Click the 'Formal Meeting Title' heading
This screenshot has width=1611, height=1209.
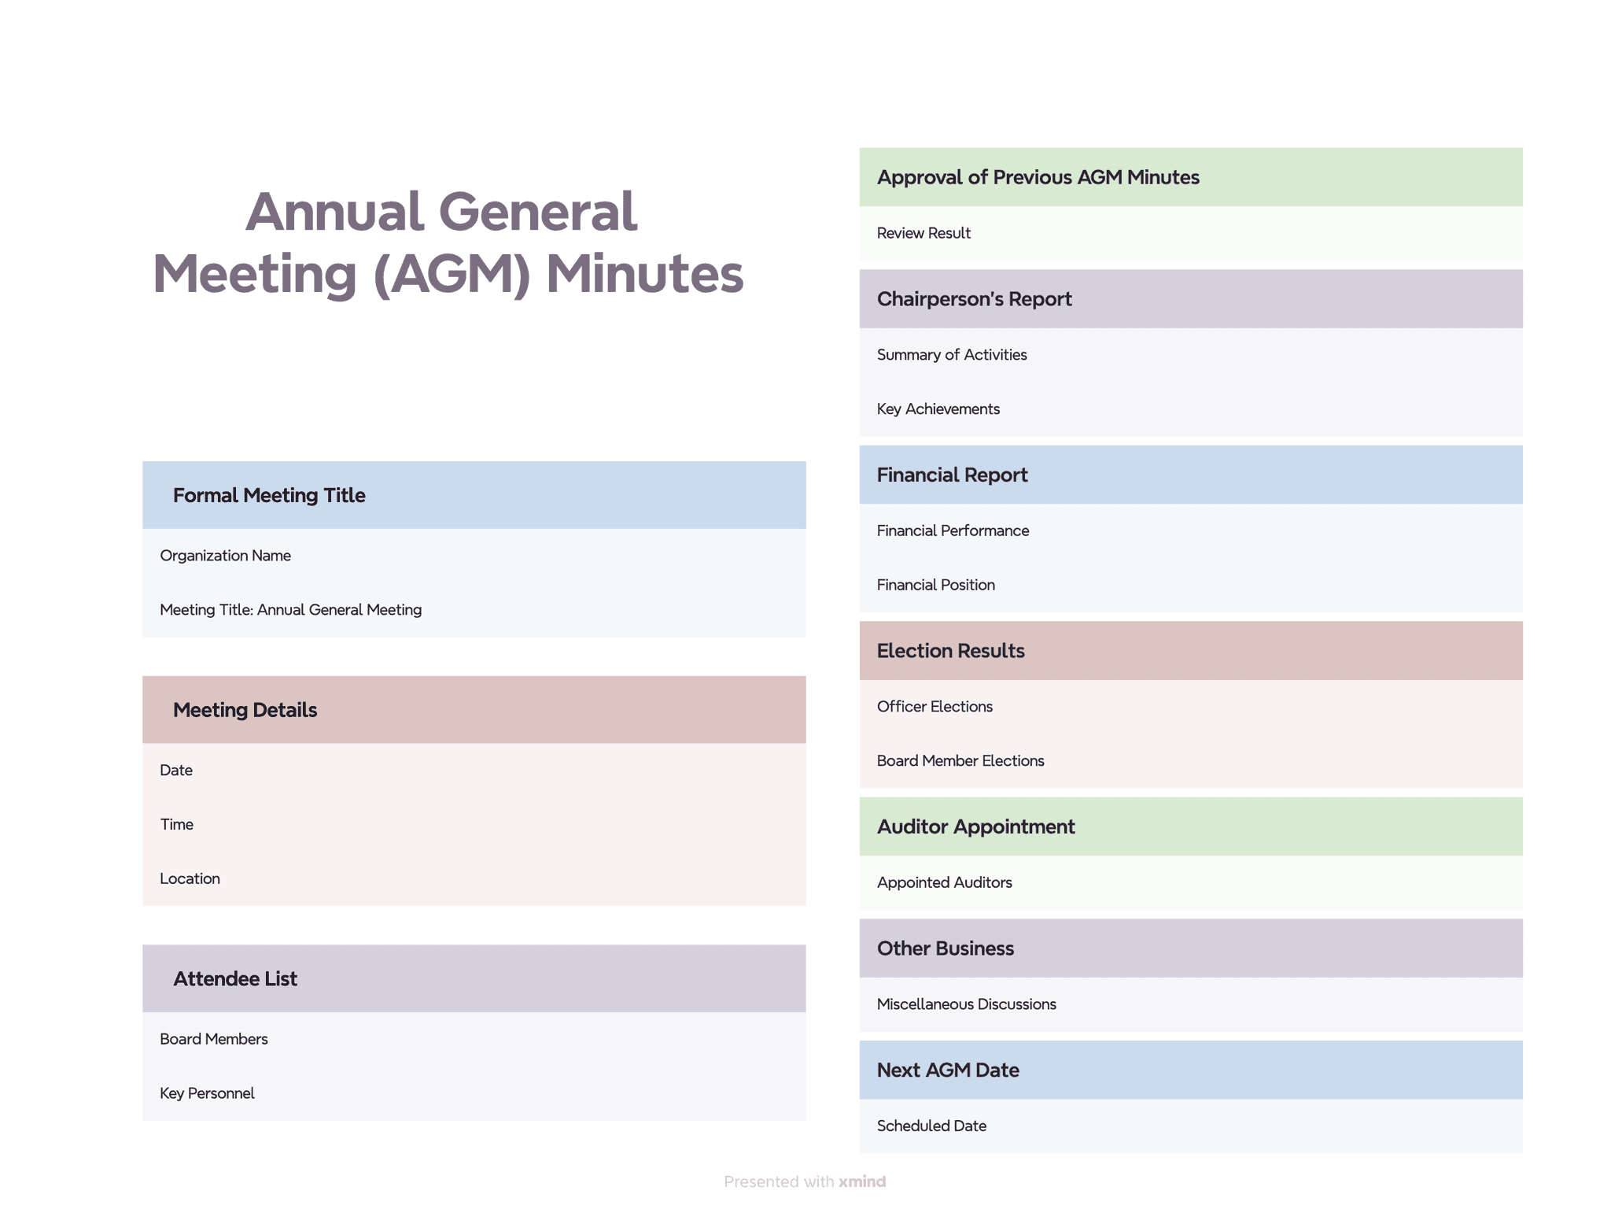coord(269,495)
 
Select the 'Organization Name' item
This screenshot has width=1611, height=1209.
coord(225,556)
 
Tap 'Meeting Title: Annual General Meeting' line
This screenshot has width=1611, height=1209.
coord(290,610)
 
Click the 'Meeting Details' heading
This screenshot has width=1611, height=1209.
coord(245,710)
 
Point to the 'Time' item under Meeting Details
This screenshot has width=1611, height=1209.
coord(177,824)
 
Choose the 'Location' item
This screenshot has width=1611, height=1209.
coord(190,878)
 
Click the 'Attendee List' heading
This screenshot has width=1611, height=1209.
coord(235,978)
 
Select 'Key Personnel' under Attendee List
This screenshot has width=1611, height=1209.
coord(207,1093)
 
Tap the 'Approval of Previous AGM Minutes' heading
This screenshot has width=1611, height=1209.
coord(1038,177)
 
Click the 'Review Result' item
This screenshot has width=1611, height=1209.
coord(923,233)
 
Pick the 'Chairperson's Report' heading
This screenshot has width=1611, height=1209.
coord(974,299)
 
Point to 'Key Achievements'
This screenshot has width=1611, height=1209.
coord(938,409)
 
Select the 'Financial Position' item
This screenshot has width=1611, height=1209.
coord(935,585)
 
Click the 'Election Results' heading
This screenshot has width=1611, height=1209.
coord(950,651)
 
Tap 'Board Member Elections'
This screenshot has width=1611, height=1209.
coord(960,761)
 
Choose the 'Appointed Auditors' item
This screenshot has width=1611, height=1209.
coord(944,882)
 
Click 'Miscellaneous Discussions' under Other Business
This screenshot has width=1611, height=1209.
coord(966,1004)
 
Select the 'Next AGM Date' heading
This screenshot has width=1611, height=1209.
coord(948,1070)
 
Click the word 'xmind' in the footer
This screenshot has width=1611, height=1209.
coord(862,1181)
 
